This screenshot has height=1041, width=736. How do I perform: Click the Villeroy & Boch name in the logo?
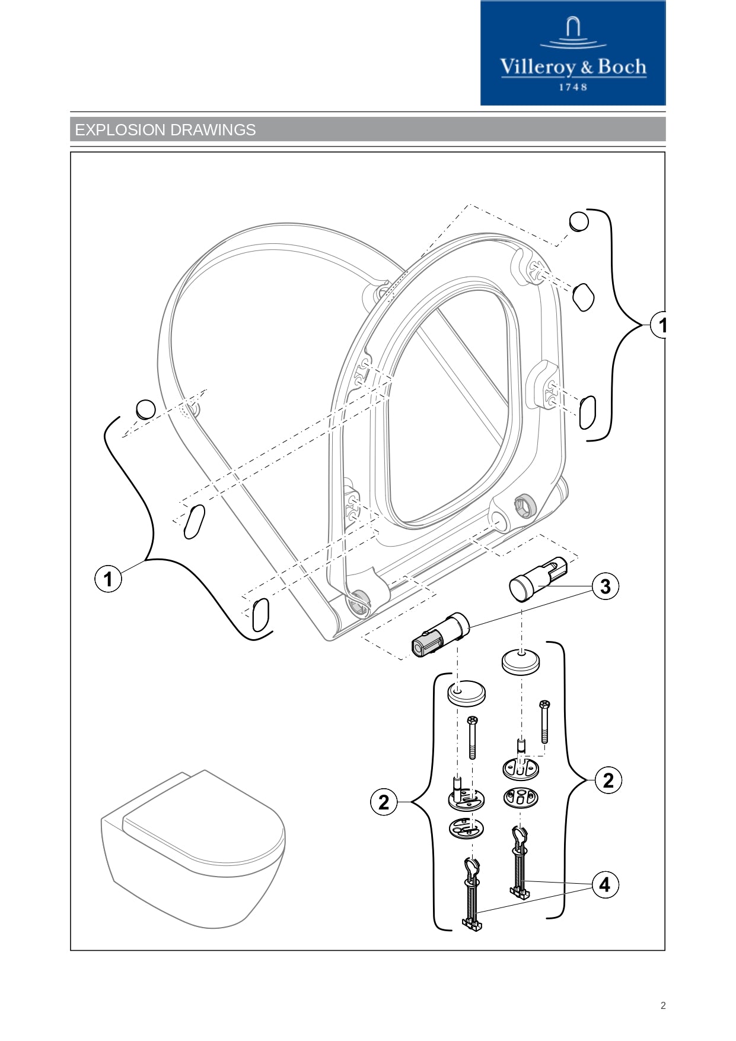pyautogui.click(x=573, y=67)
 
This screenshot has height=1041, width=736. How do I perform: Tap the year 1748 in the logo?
pyautogui.click(x=573, y=87)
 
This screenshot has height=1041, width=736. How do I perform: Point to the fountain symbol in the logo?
pyautogui.click(x=572, y=33)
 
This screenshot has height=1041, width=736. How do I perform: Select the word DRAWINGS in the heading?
pyautogui.click(x=221, y=130)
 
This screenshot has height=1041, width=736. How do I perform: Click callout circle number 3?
pyautogui.click(x=605, y=586)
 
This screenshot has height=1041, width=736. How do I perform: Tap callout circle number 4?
pyautogui.click(x=604, y=885)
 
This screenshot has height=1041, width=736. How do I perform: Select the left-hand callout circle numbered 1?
pyautogui.click(x=108, y=579)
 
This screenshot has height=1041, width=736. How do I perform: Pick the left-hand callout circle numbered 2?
pyautogui.click(x=384, y=802)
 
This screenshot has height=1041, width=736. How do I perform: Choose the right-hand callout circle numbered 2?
pyautogui.click(x=608, y=780)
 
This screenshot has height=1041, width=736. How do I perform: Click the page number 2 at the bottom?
pyautogui.click(x=663, y=1005)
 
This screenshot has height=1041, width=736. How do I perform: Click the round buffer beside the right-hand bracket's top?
pyautogui.click(x=579, y=221)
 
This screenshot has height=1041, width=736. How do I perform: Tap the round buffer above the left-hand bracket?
pyautogui.click(x=146, y=409)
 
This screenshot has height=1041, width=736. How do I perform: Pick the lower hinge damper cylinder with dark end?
pyautogui.click(x=440, y=636)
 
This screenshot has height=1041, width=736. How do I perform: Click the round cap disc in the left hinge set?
pyautogui.click(x=466, y=693)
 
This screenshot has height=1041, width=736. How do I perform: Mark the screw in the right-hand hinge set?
pyautogui.click(x=544, y=721)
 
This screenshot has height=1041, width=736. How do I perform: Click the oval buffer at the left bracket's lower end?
pyautogui.click(x=261, y=615)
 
